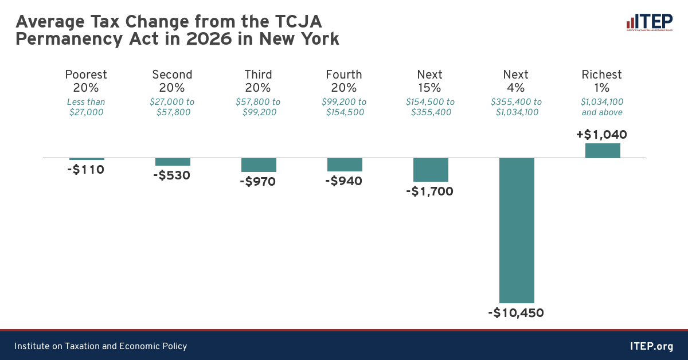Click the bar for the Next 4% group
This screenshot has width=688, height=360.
click(517, 230)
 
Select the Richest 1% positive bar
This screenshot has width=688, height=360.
click(603, 150)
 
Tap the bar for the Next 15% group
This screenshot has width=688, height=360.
click(431, 170)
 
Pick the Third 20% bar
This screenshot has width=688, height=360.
click(259, 165)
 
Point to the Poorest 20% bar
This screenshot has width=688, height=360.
click(87, 159)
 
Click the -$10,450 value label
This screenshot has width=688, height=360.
click(516, 313)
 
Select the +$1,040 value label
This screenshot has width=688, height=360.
click(601, 135)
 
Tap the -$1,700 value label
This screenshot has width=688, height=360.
click(429, 191)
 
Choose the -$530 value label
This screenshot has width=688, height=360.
click(171, 175)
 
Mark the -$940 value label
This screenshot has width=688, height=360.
click(343, 181)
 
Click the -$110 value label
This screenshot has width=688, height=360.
click(86, 170)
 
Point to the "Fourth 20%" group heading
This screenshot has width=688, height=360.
click(344, 81)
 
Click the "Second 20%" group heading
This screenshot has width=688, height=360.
click(172, 81)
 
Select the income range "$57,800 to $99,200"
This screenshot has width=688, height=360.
click(258, 107)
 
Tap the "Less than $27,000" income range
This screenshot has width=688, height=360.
click(86, 107)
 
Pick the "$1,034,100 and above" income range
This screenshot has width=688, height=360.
click(602, 107)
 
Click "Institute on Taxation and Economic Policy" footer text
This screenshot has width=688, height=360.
click(101, 346)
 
